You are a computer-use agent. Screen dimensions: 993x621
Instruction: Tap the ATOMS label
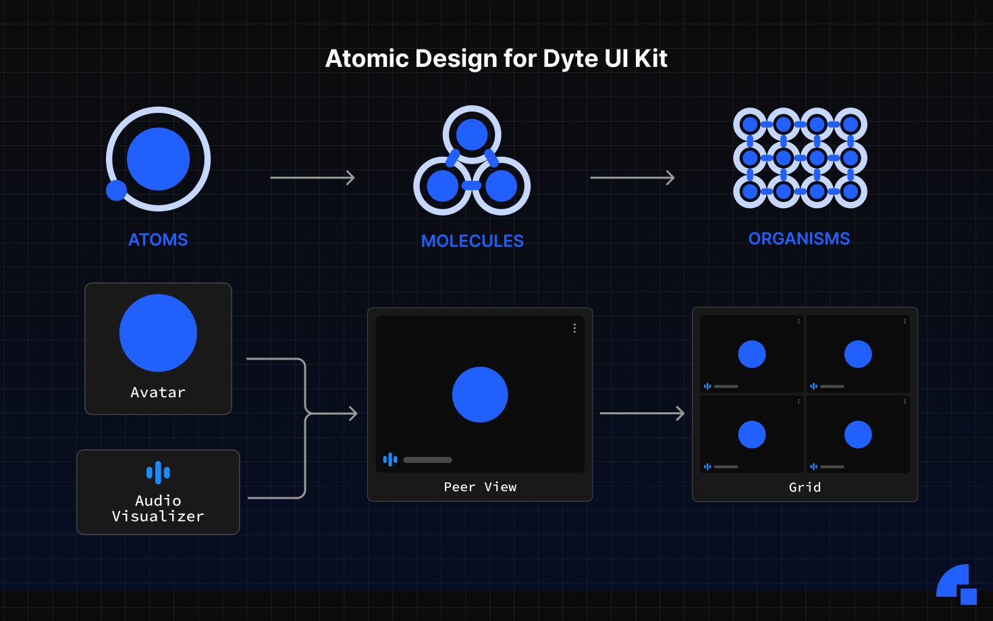[x=158, y=240]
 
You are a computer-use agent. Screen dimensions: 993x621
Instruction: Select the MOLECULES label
[x=472, y=241]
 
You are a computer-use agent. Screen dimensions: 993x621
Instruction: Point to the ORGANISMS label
[x=799, y=239]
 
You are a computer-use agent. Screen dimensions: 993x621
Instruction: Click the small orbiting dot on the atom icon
[x=116, y=191]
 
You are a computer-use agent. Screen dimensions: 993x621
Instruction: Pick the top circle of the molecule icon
[x=472, y=134]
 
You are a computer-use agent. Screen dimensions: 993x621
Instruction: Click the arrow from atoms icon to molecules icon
[x=313, y=178]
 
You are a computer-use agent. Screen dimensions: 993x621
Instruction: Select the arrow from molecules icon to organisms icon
[x=633, y=178]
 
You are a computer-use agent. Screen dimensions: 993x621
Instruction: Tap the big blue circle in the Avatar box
[x=158, y=333]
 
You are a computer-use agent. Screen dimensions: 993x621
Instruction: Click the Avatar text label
[x=158, y=393]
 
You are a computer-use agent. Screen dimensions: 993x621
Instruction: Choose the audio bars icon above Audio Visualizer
[x=158, y=472]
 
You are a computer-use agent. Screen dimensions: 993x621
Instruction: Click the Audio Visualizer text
[x=158, y=509]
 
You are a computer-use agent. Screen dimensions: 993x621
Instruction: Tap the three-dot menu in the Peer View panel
[x=574, y=328]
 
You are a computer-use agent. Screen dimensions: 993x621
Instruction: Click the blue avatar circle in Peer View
[x=480, y=395]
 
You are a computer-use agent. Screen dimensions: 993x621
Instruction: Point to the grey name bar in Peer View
[x=427, y=460]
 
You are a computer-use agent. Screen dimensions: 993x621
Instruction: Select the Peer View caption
[x=480, y=487]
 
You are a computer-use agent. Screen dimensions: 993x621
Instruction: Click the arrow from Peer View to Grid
[x=643, y=414]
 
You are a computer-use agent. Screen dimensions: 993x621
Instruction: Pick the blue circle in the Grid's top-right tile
[x=858, y=354]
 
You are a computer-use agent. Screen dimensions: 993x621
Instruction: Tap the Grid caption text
[x=805, y=487]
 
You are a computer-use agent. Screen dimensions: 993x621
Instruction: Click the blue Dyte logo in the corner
[x=956, y=584]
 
